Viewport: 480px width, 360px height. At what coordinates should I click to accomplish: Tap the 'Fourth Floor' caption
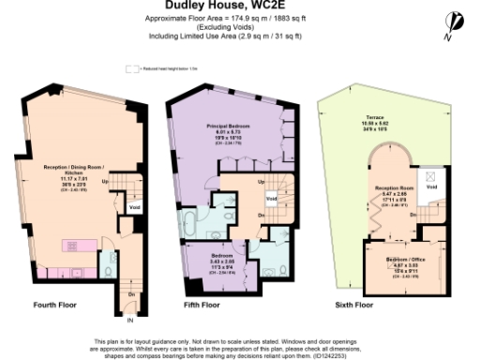pyautogui.click(x=55, y=305)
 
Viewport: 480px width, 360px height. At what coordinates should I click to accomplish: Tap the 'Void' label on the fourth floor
pyautogui.click(x=134, y=207)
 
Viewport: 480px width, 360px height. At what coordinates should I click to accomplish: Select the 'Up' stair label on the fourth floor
pyautogui.click(x=104, y=181)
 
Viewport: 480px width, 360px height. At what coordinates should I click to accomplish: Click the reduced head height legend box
pyautogui.click(x=130, y=68)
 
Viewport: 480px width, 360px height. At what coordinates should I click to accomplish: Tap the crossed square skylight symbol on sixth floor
pyautogui.click(x=430, y=174)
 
